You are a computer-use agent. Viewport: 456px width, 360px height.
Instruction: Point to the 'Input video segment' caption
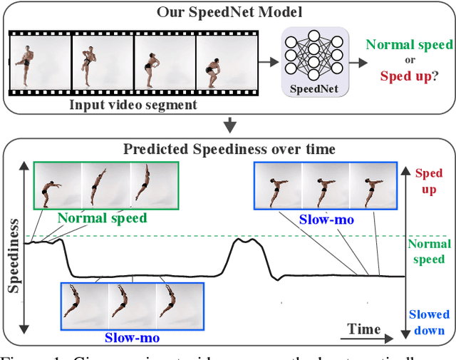click(x=133, y=105)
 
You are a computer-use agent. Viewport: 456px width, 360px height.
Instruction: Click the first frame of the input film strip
click(x=40, y=63)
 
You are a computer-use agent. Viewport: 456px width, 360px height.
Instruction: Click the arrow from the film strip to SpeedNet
click(x=268, y=63)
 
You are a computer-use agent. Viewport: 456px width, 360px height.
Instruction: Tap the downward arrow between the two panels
click(x=229, y=127)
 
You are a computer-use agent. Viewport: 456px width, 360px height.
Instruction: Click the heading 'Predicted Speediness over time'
click(x=229, y=149)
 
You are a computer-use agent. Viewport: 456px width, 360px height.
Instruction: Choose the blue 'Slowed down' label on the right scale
click(x=429, y=322)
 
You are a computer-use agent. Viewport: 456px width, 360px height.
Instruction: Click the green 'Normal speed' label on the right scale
click(x=429, y=252)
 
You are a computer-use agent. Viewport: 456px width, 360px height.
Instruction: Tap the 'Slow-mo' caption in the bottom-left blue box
click(x=132, y=337)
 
